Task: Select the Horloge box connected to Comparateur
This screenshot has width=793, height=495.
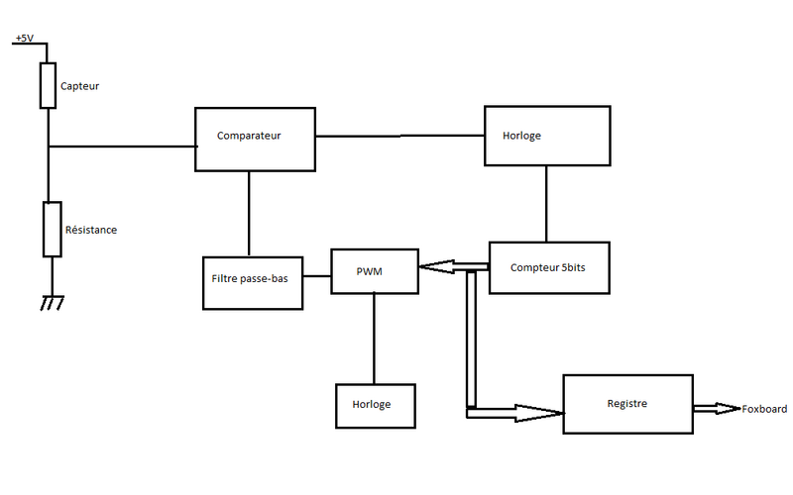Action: point(546,136)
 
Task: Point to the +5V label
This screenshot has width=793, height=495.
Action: point(24,39)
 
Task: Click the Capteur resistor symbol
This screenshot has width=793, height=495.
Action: point(48,85)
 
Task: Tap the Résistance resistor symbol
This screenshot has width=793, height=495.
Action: point(48,229)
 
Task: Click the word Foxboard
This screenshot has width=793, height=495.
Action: point(765,409)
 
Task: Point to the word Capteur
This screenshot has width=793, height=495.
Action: point(79,86)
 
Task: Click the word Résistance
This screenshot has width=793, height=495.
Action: point(90,230)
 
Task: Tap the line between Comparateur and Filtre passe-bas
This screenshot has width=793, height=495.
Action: point(248,214)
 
